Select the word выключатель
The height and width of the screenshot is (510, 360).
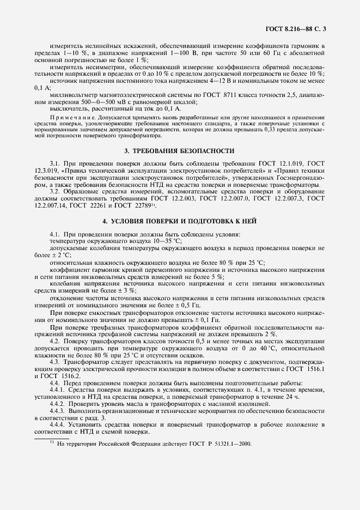(68, 108)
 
